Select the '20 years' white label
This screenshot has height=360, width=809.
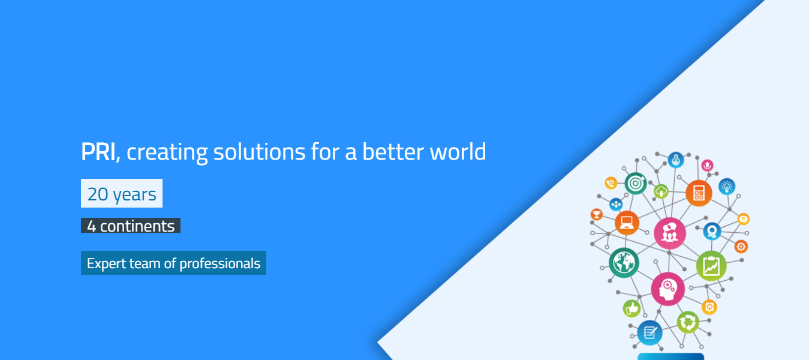click(122, 193)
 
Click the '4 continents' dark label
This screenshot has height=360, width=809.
click(131, 226)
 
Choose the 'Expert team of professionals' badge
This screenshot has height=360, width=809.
click(173, 263)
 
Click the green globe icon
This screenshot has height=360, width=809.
click(624, 263)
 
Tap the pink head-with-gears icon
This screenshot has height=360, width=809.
click(668, 289)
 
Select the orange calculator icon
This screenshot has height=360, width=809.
click(699, 193)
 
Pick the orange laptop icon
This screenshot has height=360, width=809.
click(627, 223)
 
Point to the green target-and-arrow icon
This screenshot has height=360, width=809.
click(636, 183)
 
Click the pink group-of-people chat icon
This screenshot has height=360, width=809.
click(670, 233)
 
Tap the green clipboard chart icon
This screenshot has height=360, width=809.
click(711, 266)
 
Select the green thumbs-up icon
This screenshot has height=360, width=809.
click(631, 308)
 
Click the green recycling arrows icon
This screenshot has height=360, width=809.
click(688, 322)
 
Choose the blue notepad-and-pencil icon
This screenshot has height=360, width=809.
click(649, 332)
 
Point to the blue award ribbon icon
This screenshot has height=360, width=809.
click(712, 232)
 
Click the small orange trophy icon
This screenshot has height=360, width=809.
click(597, 214)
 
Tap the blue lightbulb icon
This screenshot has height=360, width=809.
click(727, 187)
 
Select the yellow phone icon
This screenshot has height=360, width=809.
click(610, 183)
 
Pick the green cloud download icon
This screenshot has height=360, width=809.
click(661, 191)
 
